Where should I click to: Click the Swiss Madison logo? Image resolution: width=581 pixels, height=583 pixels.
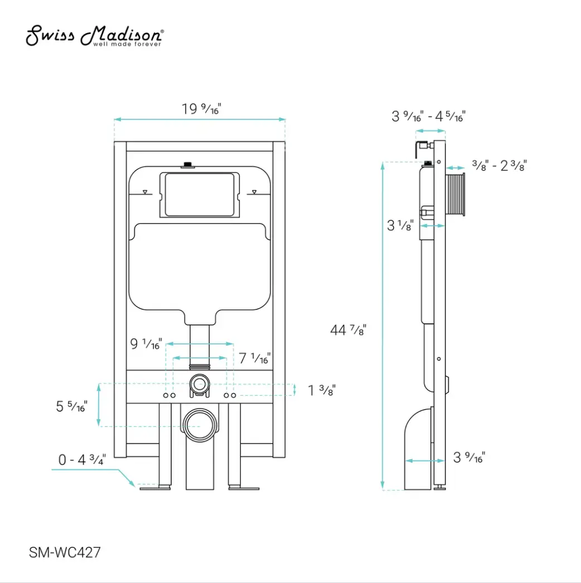tap(95, 37)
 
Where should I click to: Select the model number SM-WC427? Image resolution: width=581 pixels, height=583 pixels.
tap(65, 552)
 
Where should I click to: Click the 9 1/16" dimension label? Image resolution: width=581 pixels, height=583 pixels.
tap(146, 344)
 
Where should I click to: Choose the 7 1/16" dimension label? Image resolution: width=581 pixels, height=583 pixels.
tap(255, 358)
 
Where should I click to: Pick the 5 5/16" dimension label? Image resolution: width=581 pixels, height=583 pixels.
tap(71, 407)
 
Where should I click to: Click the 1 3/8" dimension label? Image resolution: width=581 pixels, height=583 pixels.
tap(322, 390)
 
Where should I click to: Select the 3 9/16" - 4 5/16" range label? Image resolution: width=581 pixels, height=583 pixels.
tap(428, 116)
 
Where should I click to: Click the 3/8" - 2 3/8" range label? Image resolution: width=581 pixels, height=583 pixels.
tap(499, 166)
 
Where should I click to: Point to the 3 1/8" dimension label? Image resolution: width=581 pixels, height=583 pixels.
tap(400, 226)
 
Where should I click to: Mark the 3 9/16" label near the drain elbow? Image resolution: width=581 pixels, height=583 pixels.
tap(469, 458)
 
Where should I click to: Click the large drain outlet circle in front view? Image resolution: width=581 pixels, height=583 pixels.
tap(200, 425)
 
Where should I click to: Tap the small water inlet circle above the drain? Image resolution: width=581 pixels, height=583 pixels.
tap(199, 383)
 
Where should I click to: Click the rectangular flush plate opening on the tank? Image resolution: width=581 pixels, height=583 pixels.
tap(200, 195)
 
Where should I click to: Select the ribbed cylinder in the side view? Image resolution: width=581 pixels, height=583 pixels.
tap(457, 195)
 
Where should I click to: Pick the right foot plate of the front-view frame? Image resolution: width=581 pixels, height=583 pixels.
tap(244, 488)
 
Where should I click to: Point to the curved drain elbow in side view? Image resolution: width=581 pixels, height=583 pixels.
tap(417, 446)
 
